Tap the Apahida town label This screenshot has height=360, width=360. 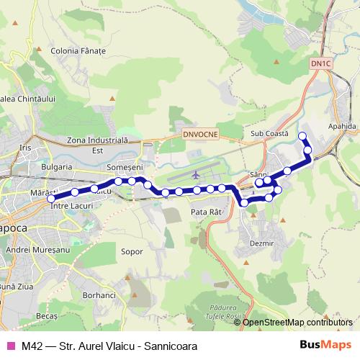point(341,126)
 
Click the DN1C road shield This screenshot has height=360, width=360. point(320,63)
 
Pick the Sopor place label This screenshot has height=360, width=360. point(132,252)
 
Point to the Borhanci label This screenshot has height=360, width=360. point(99,294)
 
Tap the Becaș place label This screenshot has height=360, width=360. point(46,316)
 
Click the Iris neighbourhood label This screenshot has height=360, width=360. point(27,147)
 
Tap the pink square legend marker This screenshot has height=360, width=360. point(10,345)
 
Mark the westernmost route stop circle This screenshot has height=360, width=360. point(50,199)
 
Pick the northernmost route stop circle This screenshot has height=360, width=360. point(302,136)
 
